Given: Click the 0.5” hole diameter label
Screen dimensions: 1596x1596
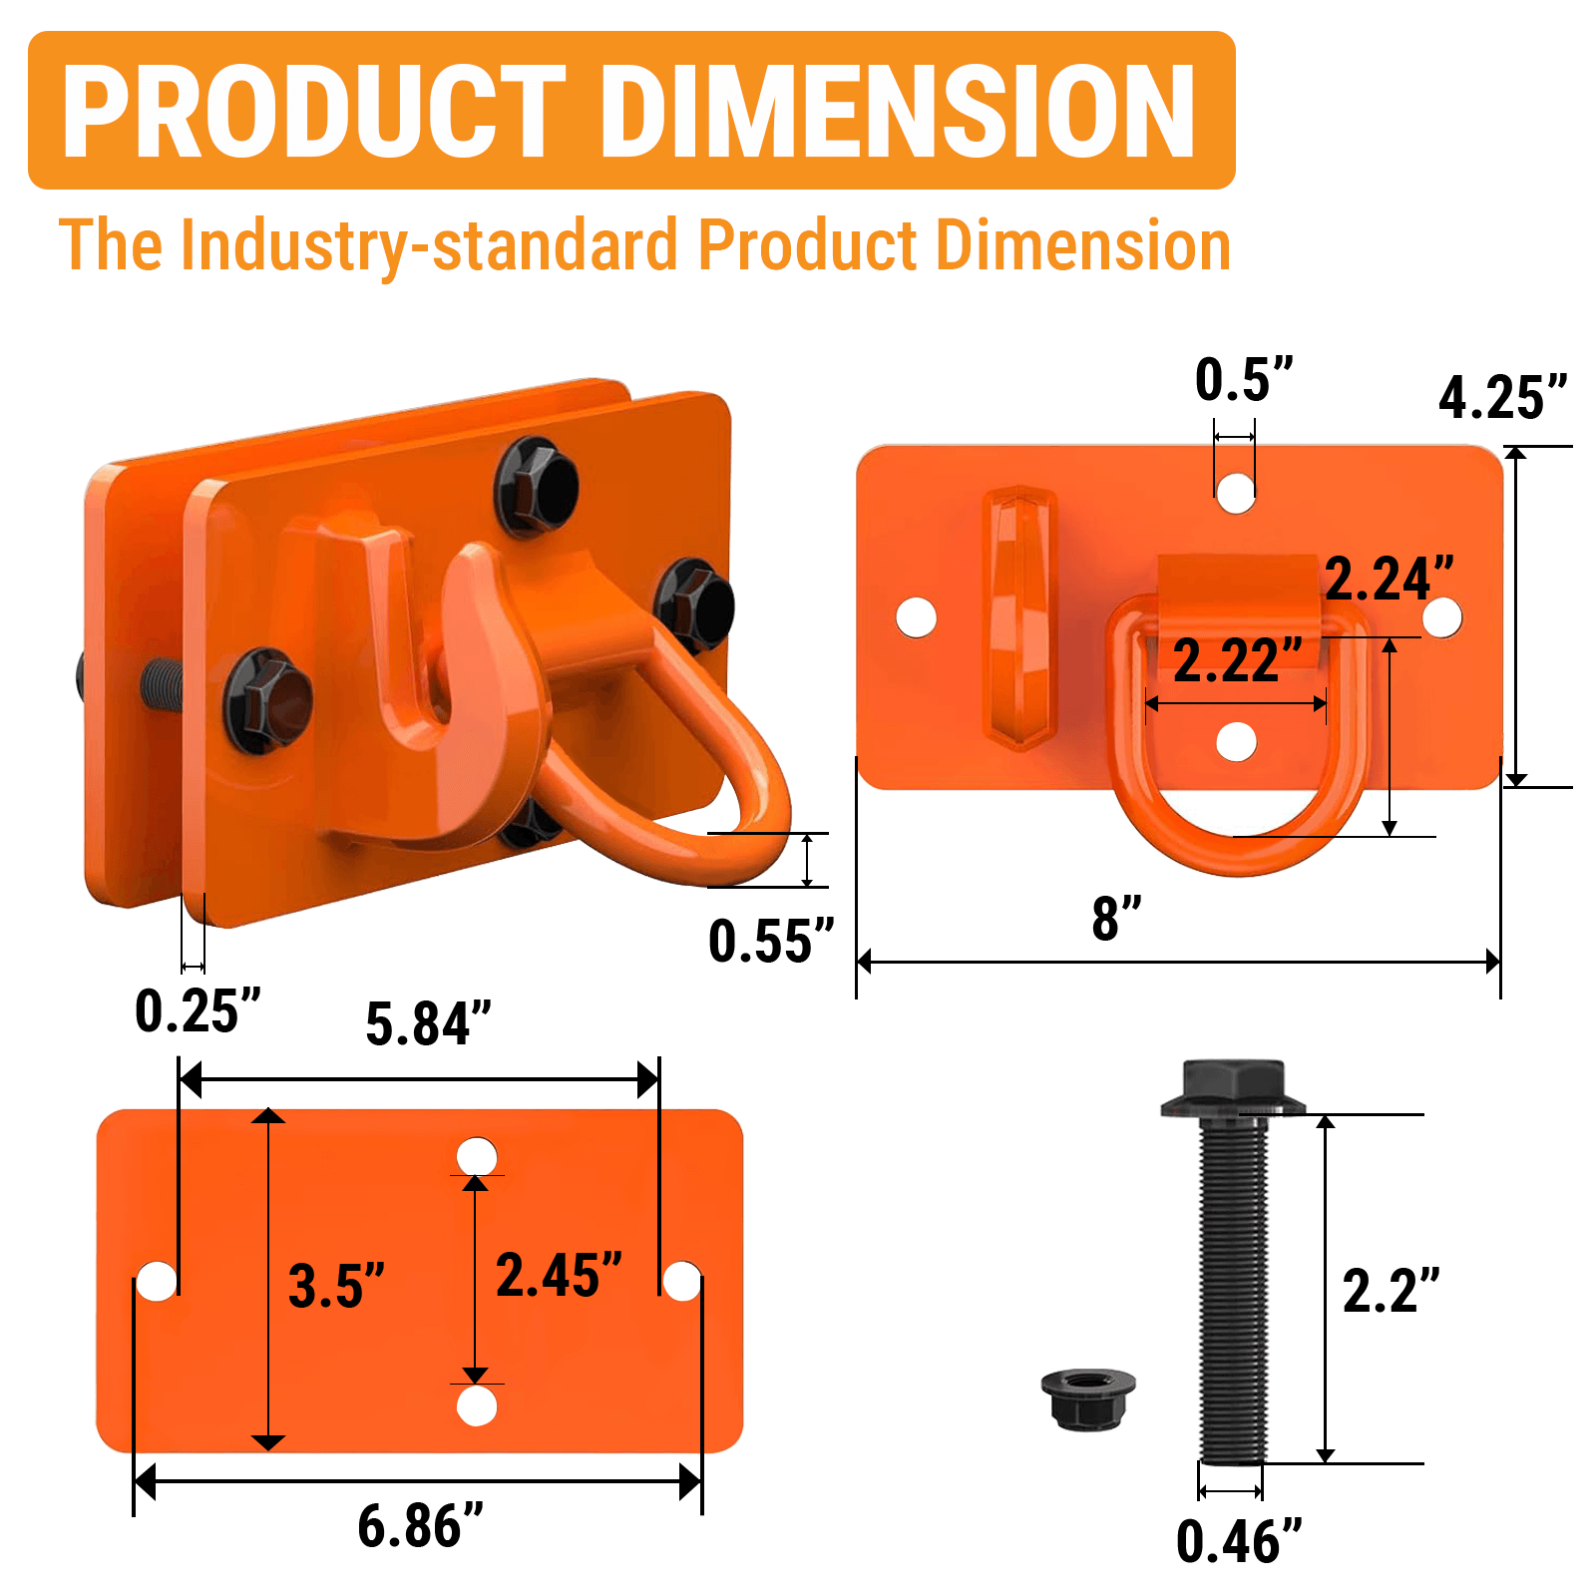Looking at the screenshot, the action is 1243,379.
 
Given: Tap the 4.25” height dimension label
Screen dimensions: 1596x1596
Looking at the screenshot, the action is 1502,397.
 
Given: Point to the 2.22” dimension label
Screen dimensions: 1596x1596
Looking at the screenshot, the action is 1238,659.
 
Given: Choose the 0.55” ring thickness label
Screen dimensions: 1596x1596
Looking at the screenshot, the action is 770,941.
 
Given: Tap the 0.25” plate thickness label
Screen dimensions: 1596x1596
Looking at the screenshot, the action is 198,1010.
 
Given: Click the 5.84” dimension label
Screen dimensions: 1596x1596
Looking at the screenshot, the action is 428,1023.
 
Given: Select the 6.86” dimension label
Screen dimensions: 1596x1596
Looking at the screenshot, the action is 420,1525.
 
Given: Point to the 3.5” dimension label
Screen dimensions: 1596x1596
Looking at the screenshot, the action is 336,1285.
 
